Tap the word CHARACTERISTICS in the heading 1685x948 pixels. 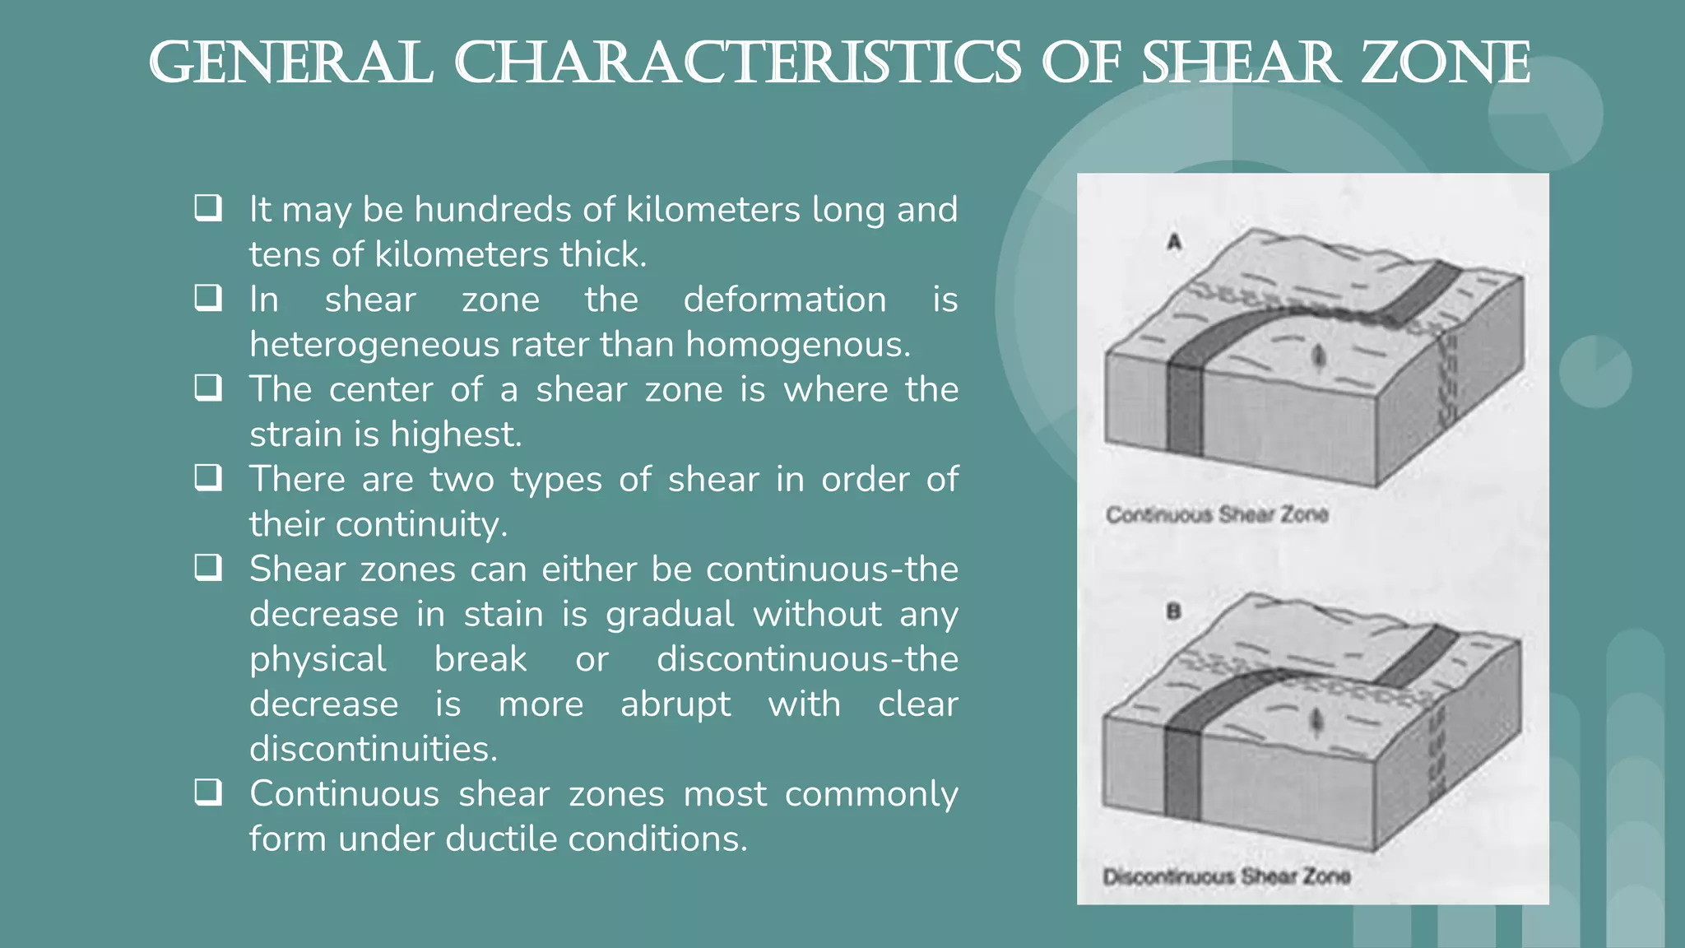738,63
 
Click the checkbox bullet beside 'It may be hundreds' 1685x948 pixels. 208,207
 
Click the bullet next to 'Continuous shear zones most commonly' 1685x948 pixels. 208,792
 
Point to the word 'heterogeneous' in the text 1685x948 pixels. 374,345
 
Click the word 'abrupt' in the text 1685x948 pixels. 675,704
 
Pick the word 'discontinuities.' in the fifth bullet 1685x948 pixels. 374,749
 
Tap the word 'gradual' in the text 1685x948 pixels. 670,615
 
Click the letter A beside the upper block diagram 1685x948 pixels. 1174,242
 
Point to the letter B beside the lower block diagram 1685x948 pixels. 1173,611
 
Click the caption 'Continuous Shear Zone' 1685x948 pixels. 1217,515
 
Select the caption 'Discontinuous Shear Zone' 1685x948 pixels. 1226,876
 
